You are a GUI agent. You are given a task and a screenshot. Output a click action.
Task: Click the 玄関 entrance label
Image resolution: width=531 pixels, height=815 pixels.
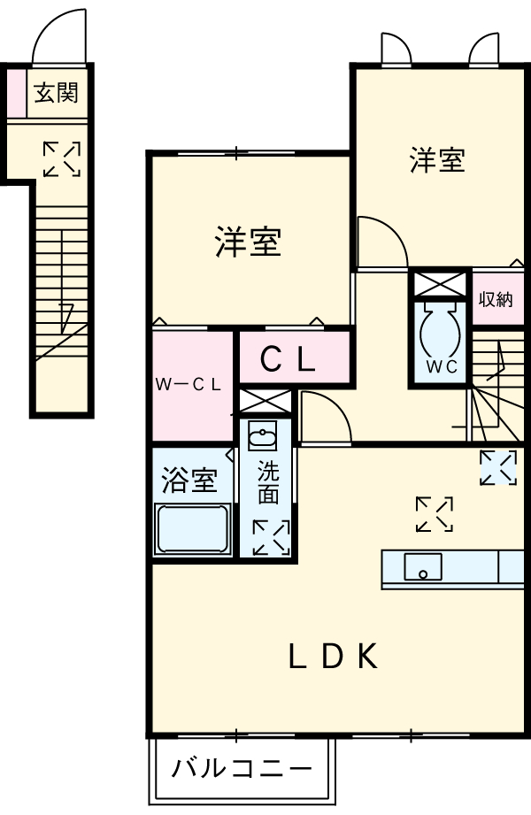56,93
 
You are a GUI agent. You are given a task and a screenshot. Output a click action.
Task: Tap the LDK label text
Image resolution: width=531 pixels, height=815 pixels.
335,657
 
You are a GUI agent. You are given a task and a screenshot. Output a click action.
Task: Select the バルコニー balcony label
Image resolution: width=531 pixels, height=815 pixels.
242,767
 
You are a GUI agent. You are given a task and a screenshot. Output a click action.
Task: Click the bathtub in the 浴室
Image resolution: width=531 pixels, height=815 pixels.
193,529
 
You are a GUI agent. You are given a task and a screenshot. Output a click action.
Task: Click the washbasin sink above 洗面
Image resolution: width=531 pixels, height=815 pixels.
264,435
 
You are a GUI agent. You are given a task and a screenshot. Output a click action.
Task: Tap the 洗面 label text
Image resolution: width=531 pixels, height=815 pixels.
268,482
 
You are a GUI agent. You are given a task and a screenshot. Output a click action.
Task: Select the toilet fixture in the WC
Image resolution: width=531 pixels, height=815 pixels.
439,330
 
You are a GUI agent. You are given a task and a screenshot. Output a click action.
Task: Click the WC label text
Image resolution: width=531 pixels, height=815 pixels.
440,367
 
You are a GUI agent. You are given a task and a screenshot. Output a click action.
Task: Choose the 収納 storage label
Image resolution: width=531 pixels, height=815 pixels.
496,298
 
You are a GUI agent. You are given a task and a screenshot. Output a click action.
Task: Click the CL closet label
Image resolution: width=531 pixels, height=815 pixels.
288,358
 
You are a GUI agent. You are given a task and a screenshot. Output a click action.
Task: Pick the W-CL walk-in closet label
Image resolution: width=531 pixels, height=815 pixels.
194,384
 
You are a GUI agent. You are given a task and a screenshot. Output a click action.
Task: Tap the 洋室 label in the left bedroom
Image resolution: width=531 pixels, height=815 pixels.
249,242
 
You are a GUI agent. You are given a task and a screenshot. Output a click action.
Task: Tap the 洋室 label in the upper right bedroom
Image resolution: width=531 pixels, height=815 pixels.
437,160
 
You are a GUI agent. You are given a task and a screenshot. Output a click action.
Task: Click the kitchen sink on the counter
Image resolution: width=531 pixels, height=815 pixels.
423,566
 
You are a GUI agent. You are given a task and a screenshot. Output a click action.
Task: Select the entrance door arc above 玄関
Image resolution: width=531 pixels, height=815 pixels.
61,37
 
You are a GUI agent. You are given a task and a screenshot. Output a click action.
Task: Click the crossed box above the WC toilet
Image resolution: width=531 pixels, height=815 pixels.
439,286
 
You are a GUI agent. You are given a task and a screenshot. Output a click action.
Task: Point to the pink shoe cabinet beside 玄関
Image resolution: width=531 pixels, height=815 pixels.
16,93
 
